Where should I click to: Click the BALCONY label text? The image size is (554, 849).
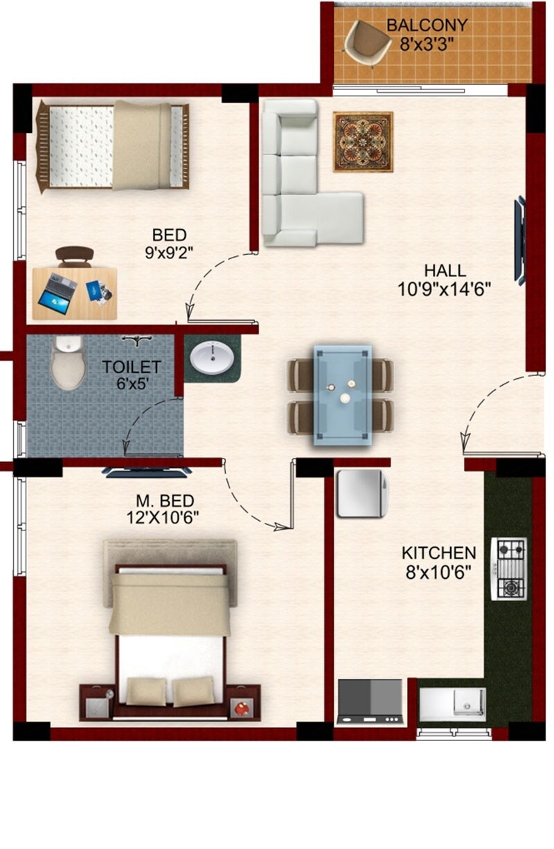pos(427,26)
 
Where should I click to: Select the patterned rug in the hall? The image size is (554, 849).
pos(363,142)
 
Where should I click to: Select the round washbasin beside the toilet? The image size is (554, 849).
pos(213,359)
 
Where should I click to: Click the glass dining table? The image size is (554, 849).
pos(341,395)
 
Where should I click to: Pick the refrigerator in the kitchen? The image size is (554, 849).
pos(359,493)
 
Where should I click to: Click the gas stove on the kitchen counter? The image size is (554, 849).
pos(508,569)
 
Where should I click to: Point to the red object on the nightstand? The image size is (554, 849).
pos(240,708)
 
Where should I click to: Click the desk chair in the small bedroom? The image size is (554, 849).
pos(74,256)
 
